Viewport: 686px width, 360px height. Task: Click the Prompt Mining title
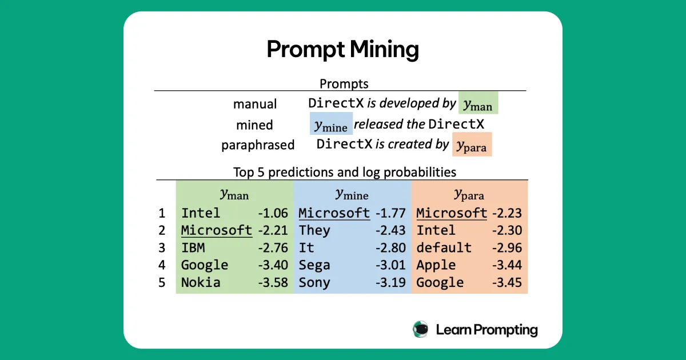tap(342, 50)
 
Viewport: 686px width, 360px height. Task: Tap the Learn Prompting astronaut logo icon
tap(421, 329)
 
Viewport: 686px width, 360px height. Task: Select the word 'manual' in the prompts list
tap(255, 104)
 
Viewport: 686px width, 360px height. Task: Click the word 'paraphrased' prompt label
tap(258, 145)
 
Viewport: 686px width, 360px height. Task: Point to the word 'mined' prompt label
tap(254, 125)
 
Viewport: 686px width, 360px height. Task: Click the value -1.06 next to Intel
tap(273, 213)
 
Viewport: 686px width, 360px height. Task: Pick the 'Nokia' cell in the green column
tap(201, 282)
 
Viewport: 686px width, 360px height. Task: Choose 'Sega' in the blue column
tap(314, 265)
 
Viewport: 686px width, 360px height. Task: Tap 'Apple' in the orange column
tap(436, 265)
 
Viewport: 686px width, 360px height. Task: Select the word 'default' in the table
tap(444, 248)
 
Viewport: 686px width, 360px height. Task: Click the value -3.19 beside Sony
tap(390, 282)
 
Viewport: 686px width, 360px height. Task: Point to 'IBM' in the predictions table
tap(193, 248)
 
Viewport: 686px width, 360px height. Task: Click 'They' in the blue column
tap(314, 230)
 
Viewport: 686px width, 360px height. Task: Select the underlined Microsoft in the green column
tap(217, 230)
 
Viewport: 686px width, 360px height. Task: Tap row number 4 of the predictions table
tap(162, 265)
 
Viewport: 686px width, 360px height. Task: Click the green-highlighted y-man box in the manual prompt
tap(478, 103)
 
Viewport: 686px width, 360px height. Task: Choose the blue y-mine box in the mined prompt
tap(331, 124)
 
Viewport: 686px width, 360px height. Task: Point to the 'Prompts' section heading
tap(344, 83)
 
